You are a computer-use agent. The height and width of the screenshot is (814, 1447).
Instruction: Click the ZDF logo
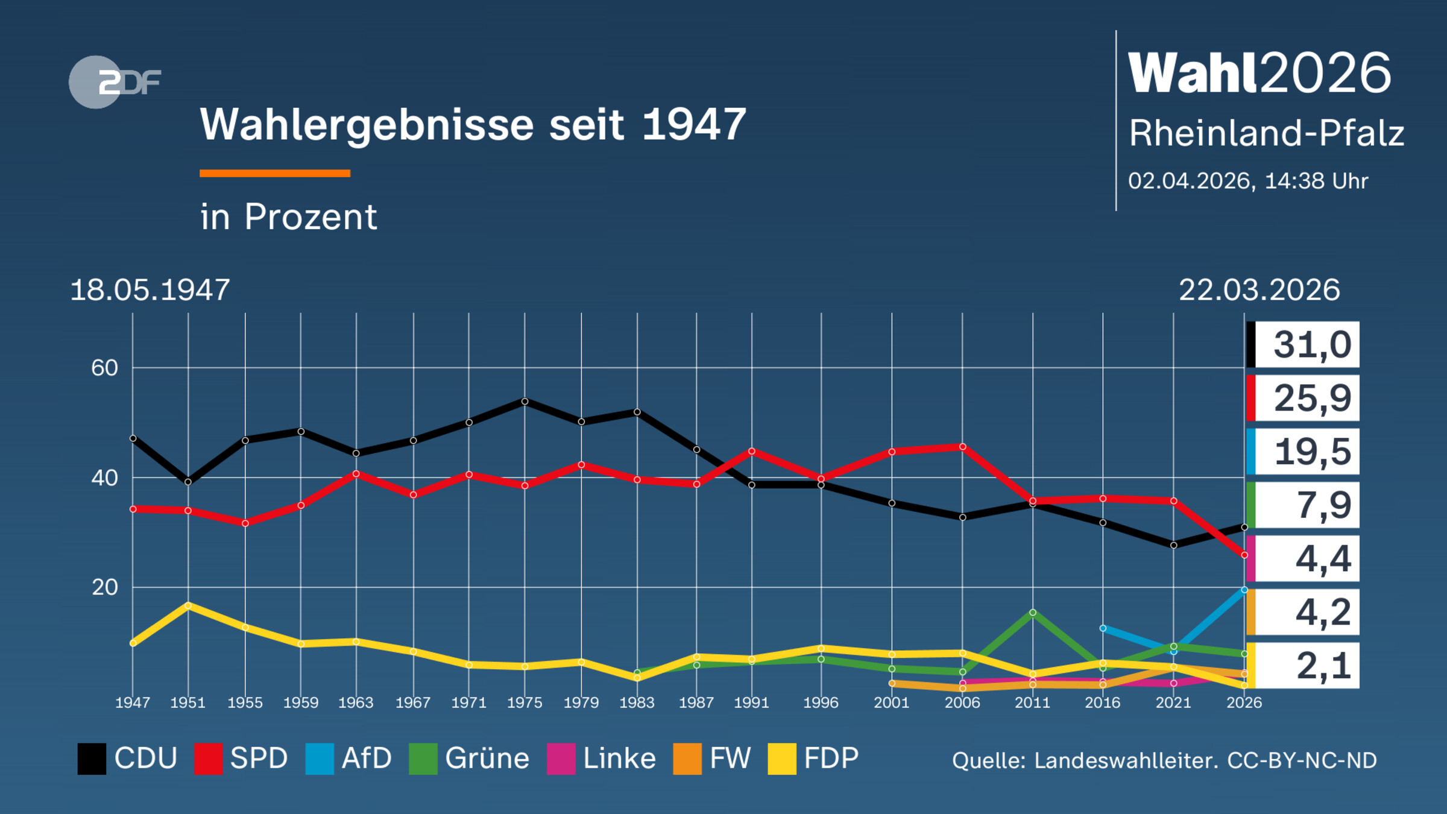click(115, 82)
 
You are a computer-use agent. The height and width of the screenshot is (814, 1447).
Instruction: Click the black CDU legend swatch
click(92, 759)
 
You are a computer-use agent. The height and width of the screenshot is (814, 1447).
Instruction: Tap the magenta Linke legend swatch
click(561, 759)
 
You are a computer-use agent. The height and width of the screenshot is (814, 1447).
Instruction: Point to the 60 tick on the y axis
click(104, 368)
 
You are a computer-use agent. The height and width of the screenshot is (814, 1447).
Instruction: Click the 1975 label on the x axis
click(525, 702)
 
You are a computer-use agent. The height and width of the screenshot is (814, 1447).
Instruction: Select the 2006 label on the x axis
click(962, 702)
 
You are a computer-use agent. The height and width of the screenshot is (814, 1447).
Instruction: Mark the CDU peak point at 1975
click(525, 402)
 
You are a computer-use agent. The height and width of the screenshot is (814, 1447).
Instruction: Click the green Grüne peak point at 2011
click(1033, 613)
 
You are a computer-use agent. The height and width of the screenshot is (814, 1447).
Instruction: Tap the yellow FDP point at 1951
click(188, 605)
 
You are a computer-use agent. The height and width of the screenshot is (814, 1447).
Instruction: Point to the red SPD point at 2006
click(962, 447)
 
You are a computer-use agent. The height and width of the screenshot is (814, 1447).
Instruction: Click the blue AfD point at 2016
click(1103, 628)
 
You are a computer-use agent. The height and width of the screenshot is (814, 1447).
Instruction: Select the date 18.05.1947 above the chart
click(150, 290)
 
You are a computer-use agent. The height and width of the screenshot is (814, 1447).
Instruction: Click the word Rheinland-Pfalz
click(1266, 133)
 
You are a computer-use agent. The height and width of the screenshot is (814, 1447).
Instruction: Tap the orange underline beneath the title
click(275, 174)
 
